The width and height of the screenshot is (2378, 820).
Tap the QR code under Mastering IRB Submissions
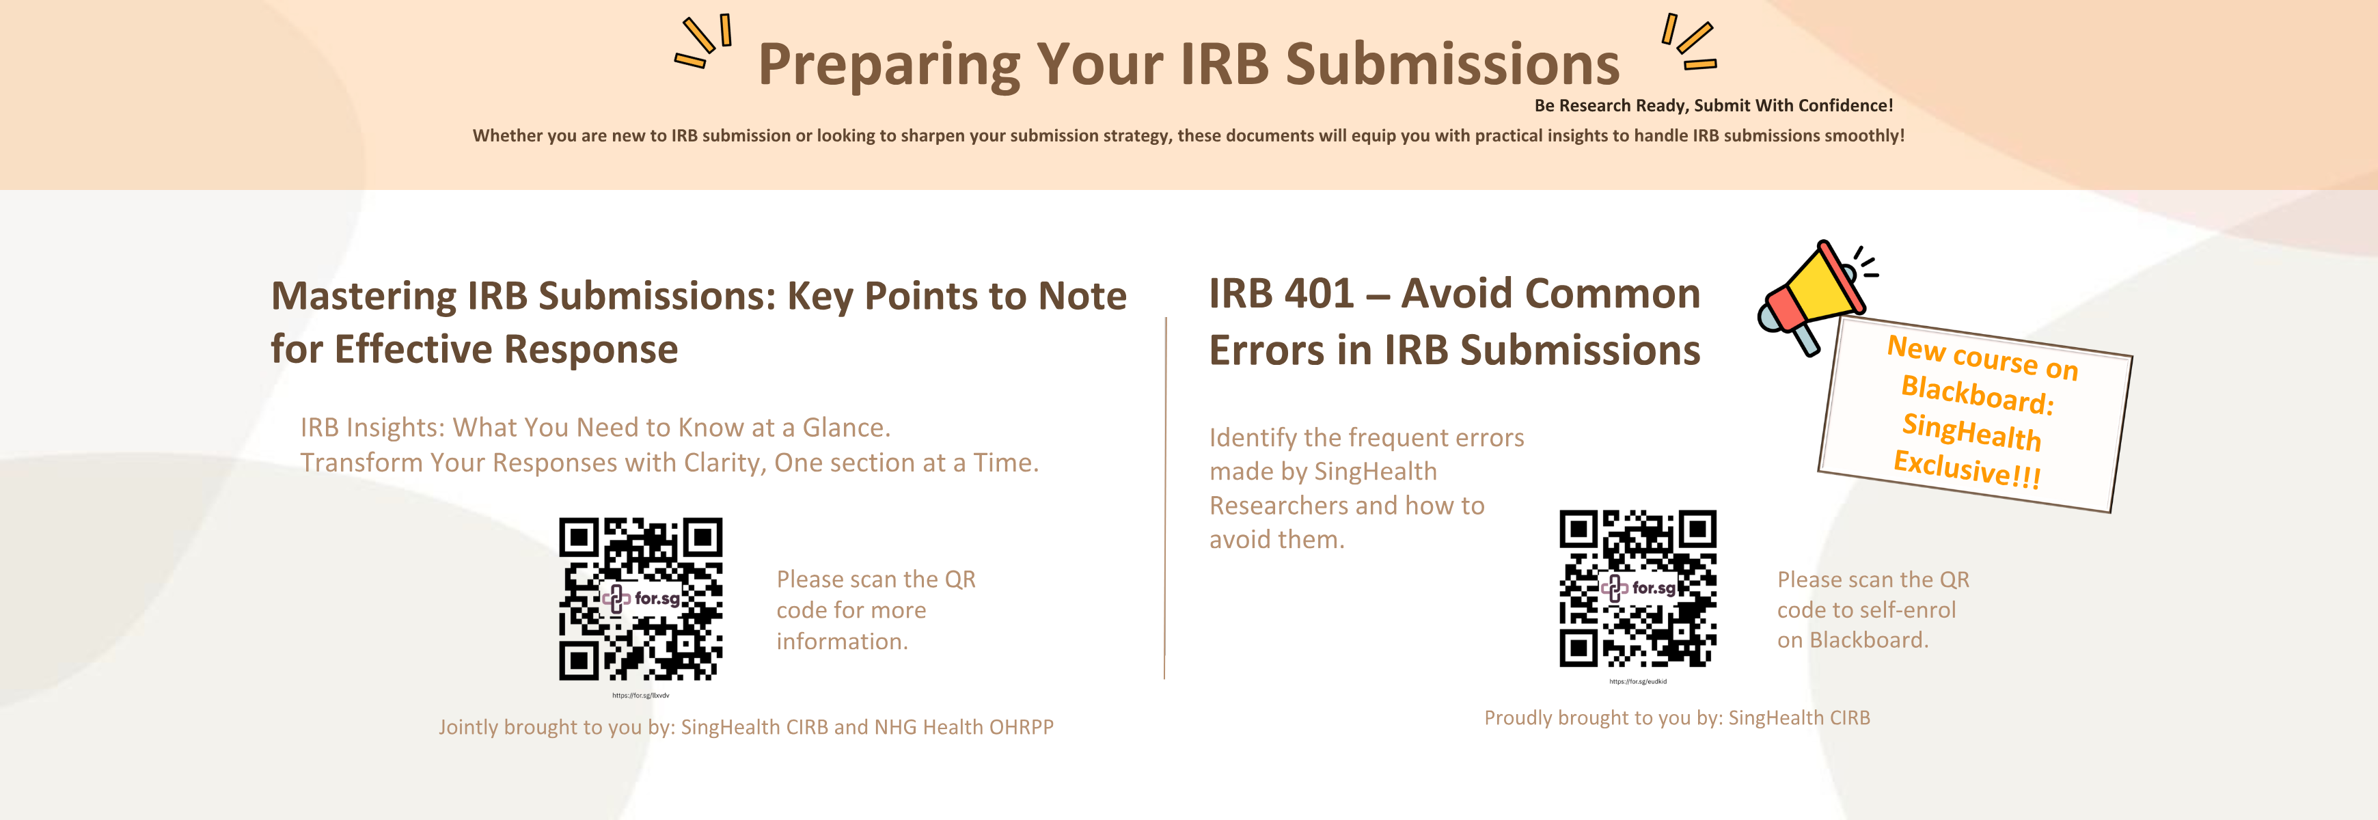641,599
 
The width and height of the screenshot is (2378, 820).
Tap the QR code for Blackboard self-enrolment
1638,588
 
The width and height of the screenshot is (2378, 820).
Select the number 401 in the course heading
1320,294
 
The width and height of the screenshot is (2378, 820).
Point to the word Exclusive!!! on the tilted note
1966,468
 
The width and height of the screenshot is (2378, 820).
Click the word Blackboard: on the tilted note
1978,394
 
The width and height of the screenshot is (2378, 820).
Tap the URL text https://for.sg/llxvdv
641,696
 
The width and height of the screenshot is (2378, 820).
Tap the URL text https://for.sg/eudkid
1638,681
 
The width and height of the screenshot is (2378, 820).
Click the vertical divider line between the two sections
1165,499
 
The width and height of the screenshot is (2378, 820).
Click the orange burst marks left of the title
703,42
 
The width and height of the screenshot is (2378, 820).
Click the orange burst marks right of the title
1689,42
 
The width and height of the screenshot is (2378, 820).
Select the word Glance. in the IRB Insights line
847,428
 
